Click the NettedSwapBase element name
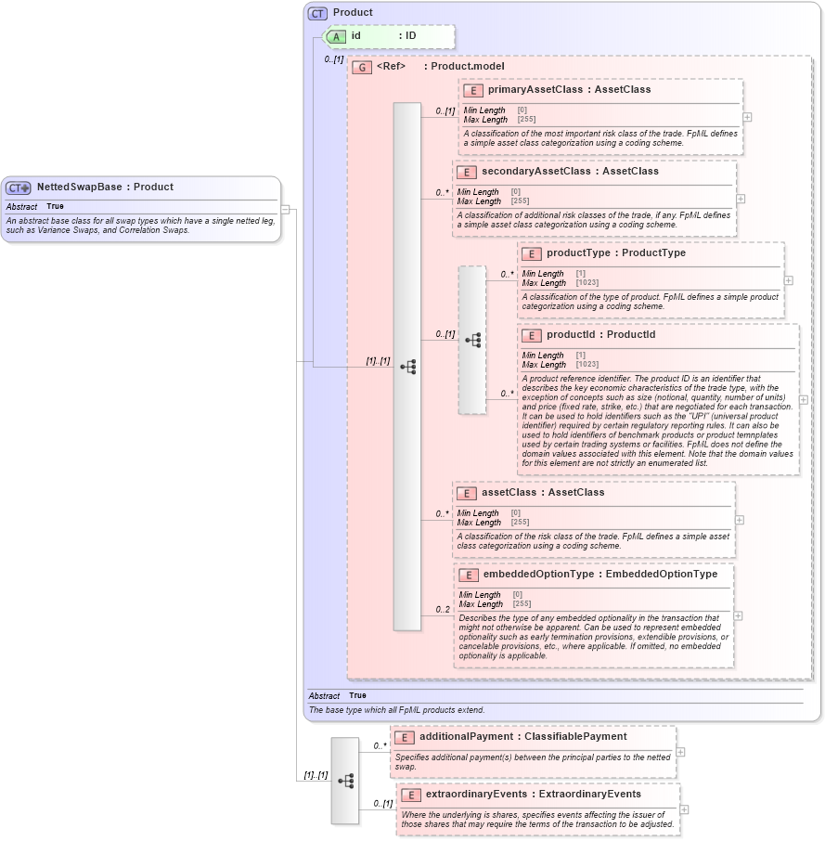coord(79,187)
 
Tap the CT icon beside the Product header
coord(318,13)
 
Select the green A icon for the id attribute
coord(335,36)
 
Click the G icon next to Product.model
coord(362,68)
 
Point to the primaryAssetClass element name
coord(535,90)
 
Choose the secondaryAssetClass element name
coord(535,172)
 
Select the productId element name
coord(574,335)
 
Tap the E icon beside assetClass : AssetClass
coord(468,493)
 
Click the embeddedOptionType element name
coord(538,575)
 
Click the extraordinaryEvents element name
coord(477,795)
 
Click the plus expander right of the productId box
coord(803,400)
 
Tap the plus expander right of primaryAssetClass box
coord(747,117)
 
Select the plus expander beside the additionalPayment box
coord(680,753)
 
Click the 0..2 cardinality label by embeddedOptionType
coord(443,610)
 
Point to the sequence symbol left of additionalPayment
coord(345,782)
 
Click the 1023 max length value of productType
coord(587,282)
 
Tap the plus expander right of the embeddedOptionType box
coord(738,615)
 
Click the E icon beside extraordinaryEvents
coord(411,796)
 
